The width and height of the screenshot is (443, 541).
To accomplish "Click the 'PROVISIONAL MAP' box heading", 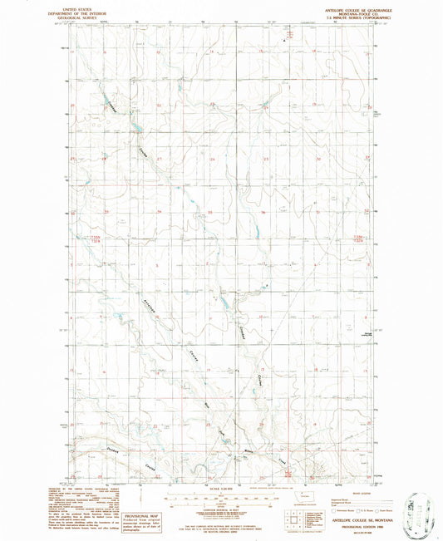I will tap(140, 493).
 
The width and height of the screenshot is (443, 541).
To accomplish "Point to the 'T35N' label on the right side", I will tap(359, 239).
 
